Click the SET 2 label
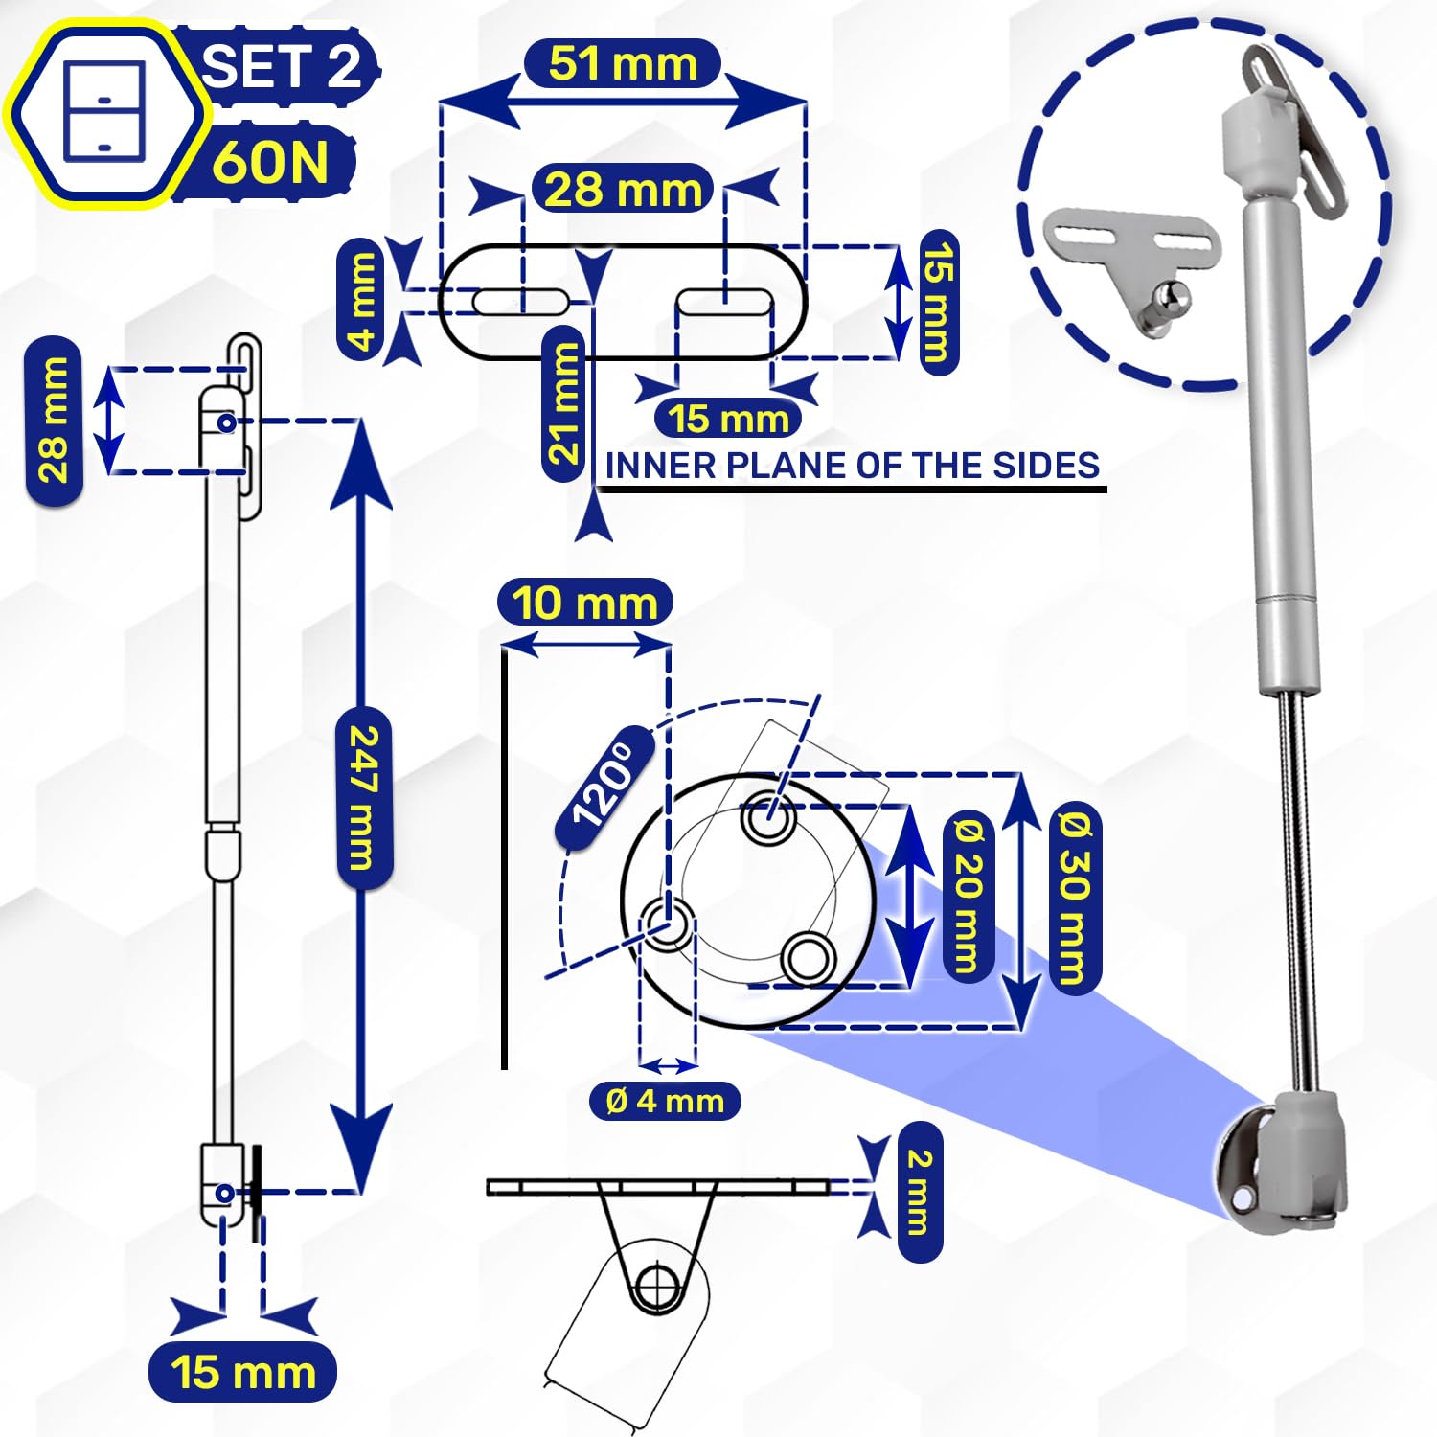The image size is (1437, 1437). (x=281, y=66)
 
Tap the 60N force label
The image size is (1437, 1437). (x=269, y=161)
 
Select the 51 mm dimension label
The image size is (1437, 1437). (x=623, y=64)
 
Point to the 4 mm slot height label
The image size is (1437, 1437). (x=361, y=300)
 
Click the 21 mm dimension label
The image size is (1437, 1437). (x=564, y=402)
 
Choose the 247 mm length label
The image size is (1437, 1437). (x=365, y=798)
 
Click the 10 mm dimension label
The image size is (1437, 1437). (x=584, y=603)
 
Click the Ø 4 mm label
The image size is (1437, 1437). (x=665, y=1100)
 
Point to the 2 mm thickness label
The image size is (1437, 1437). (x=919, y=1192)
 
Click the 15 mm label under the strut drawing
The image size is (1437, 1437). (x=243, y=1372)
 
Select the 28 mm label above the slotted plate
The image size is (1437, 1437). (x=623, y=189)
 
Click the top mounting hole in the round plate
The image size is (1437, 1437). (x=768, y=819)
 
